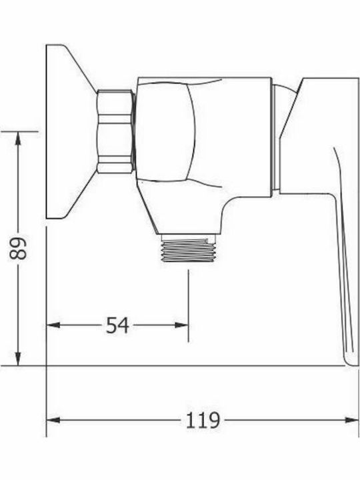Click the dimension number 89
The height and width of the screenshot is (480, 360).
point(21,248)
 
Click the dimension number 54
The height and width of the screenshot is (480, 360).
point(117,325)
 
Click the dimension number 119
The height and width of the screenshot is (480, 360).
point(202,420)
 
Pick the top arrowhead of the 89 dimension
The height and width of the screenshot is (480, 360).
point(19,137)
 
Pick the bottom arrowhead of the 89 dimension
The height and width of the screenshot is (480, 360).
point(19,360)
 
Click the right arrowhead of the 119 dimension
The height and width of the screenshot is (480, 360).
point(353,420)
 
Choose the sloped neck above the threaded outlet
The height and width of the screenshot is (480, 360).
point(160,213)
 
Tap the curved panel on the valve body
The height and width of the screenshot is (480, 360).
point(163,131)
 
